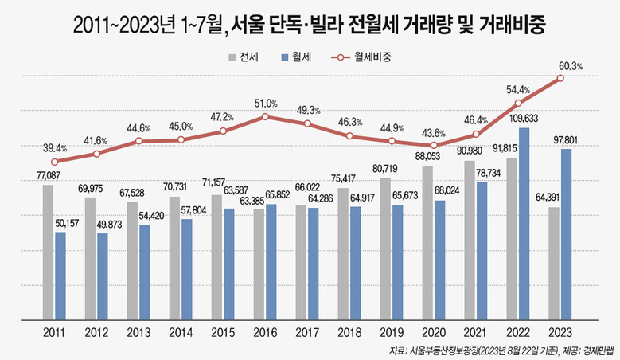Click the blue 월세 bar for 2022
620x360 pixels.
tap(524, 223)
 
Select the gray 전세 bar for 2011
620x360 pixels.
tap(49, 252)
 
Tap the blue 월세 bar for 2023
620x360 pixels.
tap(566, 233)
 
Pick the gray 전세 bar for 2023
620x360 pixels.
tap(554, 263)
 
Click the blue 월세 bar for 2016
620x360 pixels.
tap(271, 261)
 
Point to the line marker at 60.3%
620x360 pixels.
tap(561, 78)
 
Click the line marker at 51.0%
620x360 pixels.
tap(265, 116)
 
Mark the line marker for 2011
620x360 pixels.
tap(54, 161)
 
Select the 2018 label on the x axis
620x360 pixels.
tap(349, 332)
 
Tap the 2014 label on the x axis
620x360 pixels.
tap(181, 332)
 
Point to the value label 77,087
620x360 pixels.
tap(49, 174)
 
